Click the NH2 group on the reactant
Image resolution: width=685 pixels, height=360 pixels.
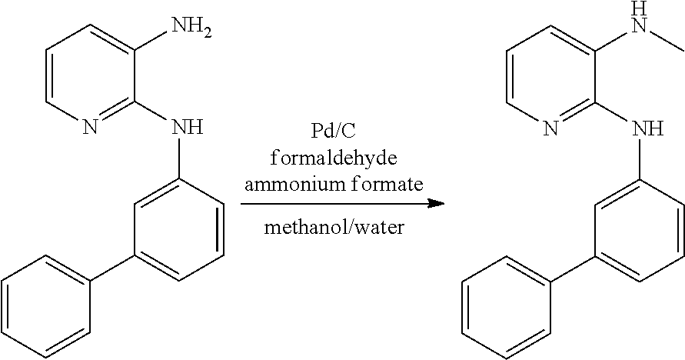click(x=191, y=28)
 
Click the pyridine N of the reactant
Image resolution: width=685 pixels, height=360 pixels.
click(x=90, y=128)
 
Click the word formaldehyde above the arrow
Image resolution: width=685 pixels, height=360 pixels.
click(x=334, y=158)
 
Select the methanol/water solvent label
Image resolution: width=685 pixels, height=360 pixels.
click(x=334, y=228)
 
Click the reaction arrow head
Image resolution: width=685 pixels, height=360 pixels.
click(x=436, y=203)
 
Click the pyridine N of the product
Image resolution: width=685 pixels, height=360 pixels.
click(x=551, y=129)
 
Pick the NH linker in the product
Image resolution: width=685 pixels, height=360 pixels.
click(x=649, y=129)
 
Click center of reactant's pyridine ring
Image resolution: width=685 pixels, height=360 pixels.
click(x=90, y=77)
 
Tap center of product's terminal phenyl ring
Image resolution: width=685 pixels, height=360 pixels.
click(x=507, y=308)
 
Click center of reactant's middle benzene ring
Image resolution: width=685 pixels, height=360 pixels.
click(x=180, y=229)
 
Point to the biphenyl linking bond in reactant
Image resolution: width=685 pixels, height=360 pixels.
click(x=113, y=268)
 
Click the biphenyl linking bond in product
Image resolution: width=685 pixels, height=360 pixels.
click(x=574, y=269)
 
